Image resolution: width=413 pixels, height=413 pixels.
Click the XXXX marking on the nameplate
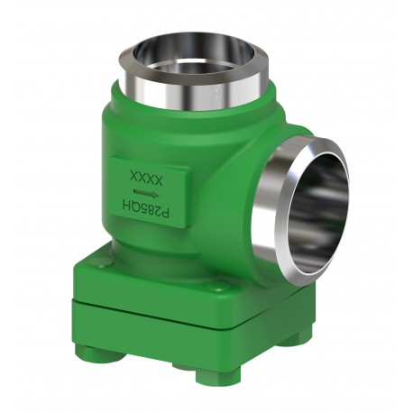tap(146, 178)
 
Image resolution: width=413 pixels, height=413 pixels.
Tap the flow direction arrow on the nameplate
tap(146, 193)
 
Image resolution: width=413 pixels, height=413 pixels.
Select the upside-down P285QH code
tap(146, 209)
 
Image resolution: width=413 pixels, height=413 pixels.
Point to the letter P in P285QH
tap(166, 214)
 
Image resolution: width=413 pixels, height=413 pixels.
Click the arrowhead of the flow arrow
tap(155, 195)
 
